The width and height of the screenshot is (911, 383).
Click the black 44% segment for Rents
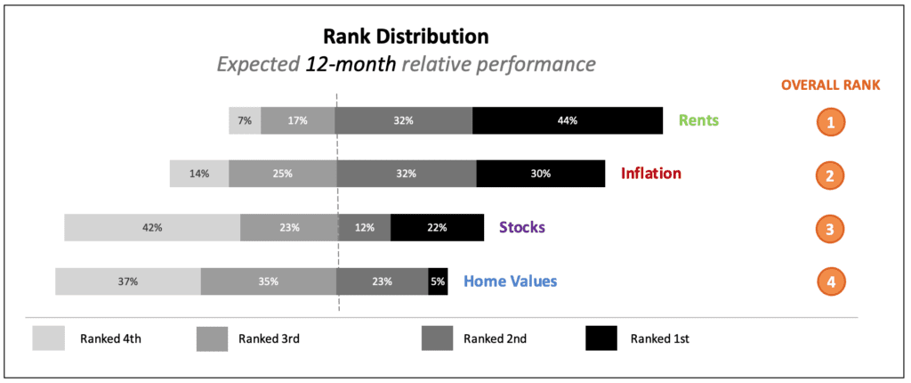tap(568, 120)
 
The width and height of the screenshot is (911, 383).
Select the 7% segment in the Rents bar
tap(245, 120)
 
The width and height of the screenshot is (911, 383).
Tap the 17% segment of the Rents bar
tap(298, 120)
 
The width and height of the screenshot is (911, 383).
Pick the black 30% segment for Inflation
tap(541, 174)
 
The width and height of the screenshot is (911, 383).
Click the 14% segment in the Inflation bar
tap(199, 174)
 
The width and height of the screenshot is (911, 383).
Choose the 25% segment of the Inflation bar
tap(282, 174)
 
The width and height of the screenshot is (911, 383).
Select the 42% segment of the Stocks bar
tap(152, 228)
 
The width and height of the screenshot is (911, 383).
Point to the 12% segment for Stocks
tap(364, 228)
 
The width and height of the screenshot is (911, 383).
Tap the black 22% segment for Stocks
tap(437, 228)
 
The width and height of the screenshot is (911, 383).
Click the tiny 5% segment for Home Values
tap(438, 281)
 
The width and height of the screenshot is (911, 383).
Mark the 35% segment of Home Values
tap(269, 281)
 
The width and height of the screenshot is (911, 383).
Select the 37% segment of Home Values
tap(128, 281)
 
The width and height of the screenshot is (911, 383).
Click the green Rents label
tap(699, 120)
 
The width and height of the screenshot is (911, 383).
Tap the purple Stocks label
tap(521, 227)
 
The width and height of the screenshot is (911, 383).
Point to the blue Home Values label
tap(510, 281)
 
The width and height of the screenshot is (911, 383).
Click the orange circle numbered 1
tap(831, 122)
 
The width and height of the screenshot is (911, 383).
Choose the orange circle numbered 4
tap(831, 281)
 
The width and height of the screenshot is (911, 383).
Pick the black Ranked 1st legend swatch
tap(601, 338)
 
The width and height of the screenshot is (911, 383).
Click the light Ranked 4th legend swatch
tap(49, 338)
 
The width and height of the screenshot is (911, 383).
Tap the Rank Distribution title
tap(406, 37)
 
